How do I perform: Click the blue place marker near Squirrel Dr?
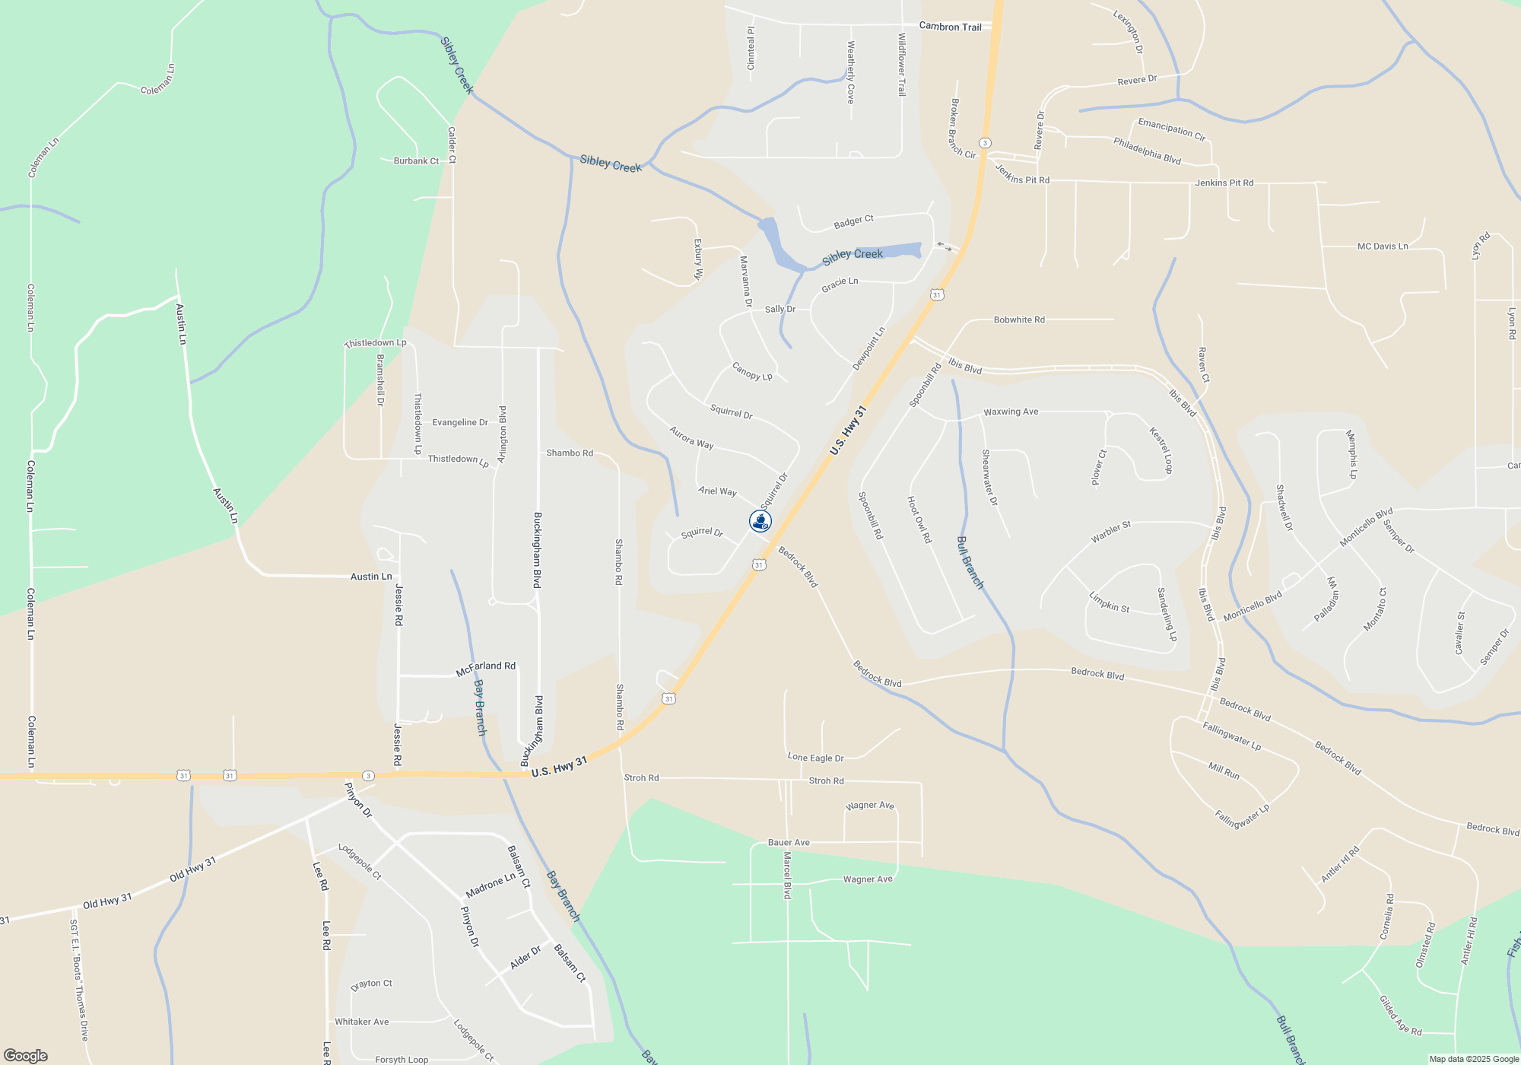pos(760,521)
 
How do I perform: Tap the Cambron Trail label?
pos(950,27)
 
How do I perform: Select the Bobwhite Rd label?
pos(1019,319)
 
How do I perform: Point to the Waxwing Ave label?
pos(1011,412)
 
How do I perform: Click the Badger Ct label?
pos(853,222)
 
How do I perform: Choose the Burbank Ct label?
pos(416,161)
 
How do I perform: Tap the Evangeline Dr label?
pos(460,422)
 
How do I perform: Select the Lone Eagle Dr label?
pos(815,758)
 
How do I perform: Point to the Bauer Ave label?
pos(789,842)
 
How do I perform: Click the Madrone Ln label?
pos(491,885)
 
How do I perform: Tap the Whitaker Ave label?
pos(362,1022)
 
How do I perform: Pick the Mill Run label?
pos(1224,771)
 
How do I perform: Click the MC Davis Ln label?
pos(1383,246)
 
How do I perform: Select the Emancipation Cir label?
pos(1171,129)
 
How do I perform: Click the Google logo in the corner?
pos(26,1055)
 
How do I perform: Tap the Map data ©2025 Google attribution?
pos(1473,1059)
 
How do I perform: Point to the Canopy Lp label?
pos(752,371)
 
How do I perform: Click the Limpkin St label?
pos(1109,602)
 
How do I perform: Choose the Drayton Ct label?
pos(372,984)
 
